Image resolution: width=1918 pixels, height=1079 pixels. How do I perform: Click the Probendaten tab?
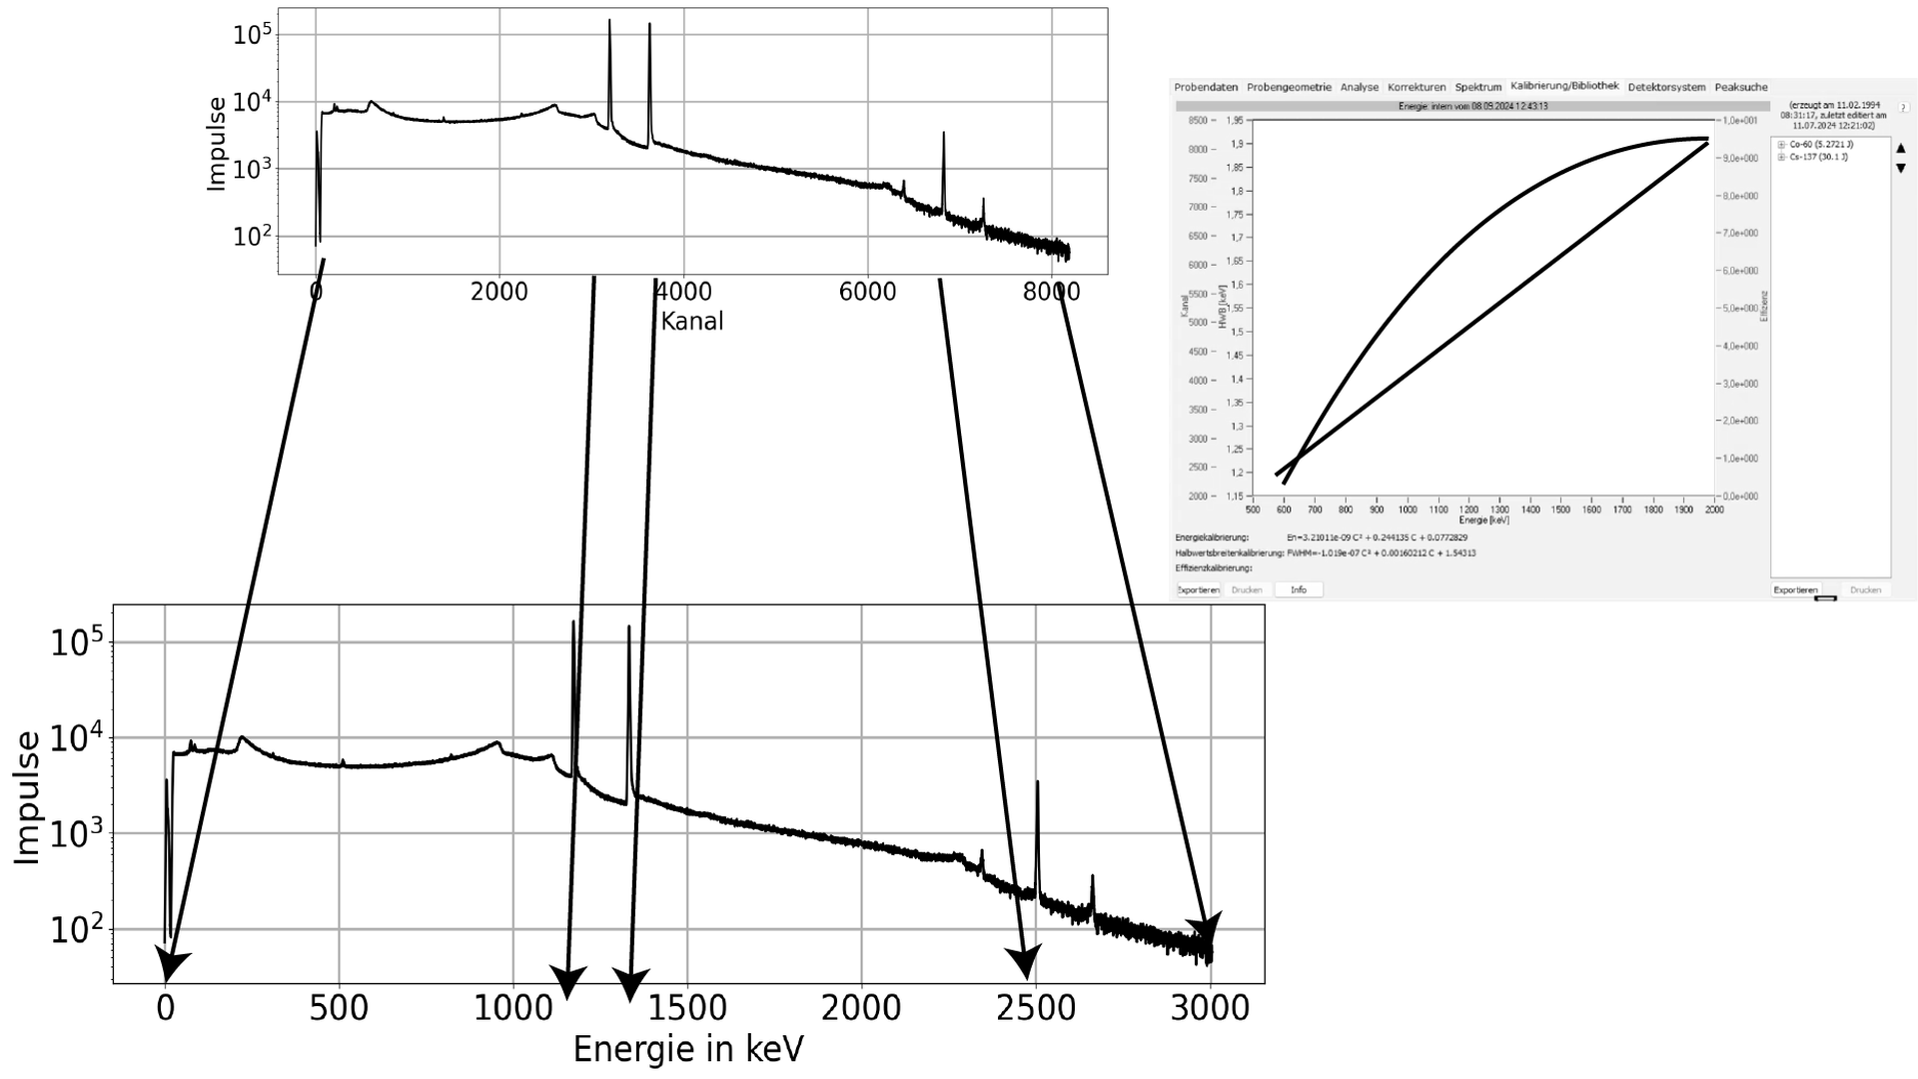click(x=1206, y=87)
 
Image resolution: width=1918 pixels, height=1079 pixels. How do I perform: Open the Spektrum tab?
click(x=1477, y=87)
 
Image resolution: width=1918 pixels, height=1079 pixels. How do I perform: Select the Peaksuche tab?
click(x=1740, y=87)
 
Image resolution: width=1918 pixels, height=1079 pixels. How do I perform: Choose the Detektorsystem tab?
click(x=1666, y=87)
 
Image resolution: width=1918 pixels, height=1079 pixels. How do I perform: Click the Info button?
click(x=1298, y=589)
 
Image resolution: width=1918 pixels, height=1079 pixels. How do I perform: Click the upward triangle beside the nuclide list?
click(x=1900, y=149)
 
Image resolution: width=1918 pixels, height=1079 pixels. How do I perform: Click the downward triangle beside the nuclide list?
click(x=1900, y=168)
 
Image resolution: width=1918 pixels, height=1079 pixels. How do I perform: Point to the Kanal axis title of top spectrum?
click(x=691, y=321)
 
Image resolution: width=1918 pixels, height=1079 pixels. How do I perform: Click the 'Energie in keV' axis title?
click(x=688, y=1049)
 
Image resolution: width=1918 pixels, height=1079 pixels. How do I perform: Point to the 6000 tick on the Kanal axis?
click(x=867, y=292)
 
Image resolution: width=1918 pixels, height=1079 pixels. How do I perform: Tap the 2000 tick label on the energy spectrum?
click(x=861, y=1008)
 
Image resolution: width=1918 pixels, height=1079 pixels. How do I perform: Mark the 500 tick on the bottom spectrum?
click(x=339, y=1008)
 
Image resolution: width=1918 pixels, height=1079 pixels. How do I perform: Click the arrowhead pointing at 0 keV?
click(x=171, y=968)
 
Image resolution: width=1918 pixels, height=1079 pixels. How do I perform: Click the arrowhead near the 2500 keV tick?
click(x=1024, y=962)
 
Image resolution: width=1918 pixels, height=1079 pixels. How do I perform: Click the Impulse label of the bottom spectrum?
click(x=28, y=797)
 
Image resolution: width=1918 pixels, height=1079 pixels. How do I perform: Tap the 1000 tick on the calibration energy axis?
click(x=1408, y=510)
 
